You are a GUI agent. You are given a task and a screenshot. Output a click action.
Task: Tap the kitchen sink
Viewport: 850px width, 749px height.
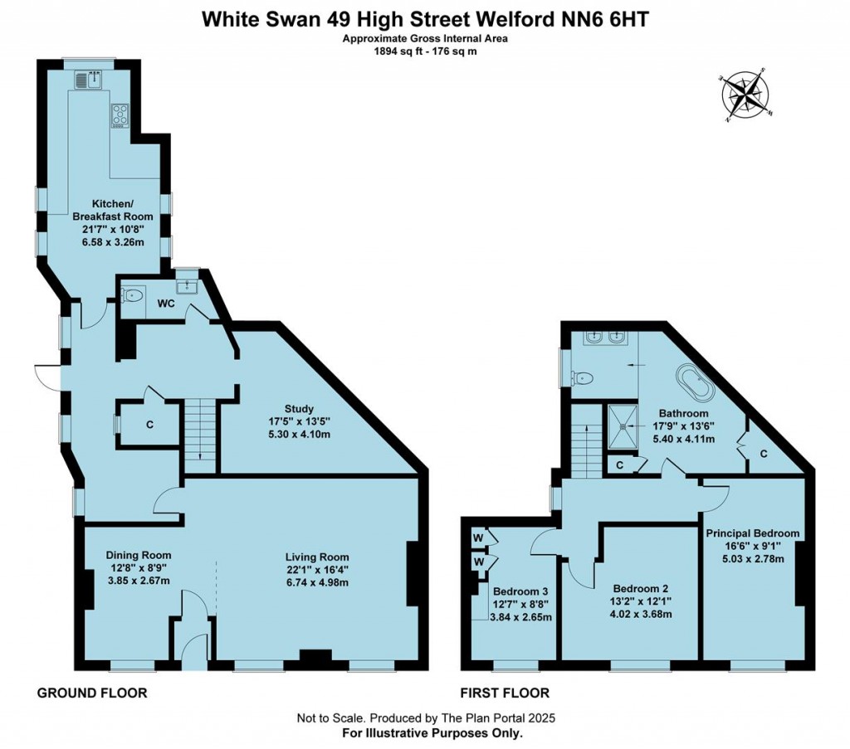pyautogui.click(x=87, y=80)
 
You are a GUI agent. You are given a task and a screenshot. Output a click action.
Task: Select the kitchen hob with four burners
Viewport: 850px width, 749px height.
pyautogui.click(x=120, y=115)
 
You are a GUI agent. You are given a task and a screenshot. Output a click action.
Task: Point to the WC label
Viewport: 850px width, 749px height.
pyautogui.click(x=166, y=304)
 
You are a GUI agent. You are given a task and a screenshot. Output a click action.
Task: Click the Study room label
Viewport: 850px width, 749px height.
pyautogui.click(x=300, y=408)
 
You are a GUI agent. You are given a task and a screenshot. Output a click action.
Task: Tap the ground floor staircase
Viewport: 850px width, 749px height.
pyautogui.click(x=199, y=433)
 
